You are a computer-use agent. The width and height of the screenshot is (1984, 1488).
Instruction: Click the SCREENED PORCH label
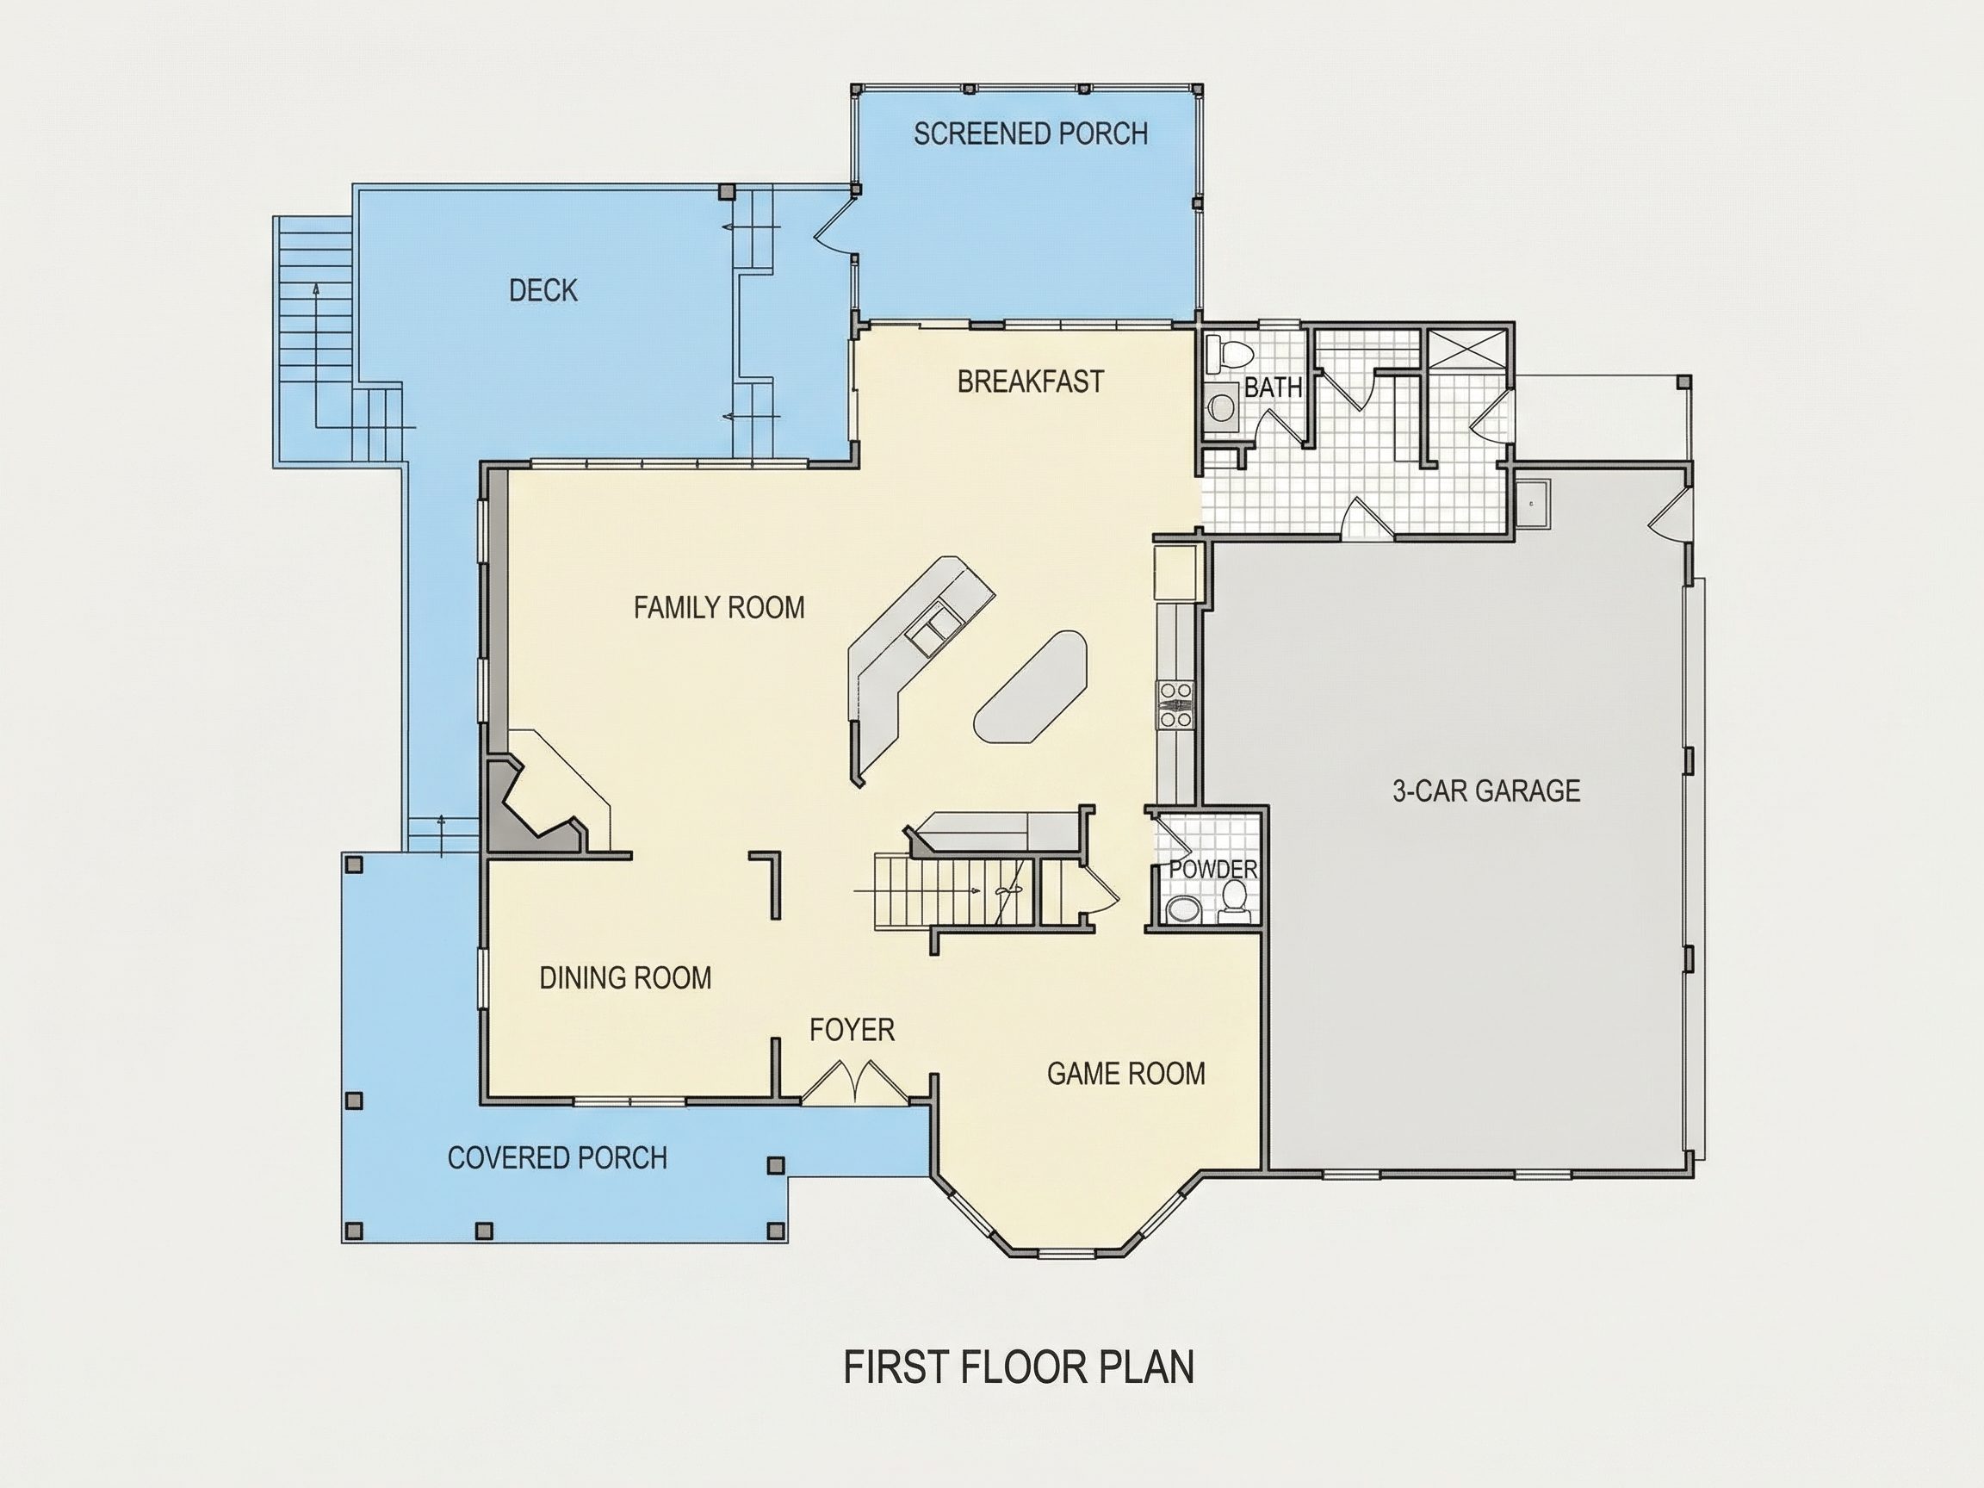(1031, 134)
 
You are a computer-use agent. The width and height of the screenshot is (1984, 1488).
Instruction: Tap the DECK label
(543, 290)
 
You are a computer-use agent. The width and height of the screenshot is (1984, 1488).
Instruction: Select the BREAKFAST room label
(1031, 382)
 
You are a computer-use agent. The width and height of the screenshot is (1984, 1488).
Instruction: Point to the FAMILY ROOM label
(719, 608)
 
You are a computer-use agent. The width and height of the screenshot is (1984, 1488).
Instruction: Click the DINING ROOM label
(625, 977)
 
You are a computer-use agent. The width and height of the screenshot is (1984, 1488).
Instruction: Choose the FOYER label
(852, 1030)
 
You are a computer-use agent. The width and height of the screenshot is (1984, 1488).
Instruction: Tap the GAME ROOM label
(1126, 1074)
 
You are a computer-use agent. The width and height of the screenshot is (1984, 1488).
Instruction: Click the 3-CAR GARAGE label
(1486, 791)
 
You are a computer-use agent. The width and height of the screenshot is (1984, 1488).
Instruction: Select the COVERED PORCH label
(557, 1158)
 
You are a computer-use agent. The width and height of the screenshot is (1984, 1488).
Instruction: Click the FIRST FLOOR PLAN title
(1019, 1367)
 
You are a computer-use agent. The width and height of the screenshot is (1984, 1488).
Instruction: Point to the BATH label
(1273, 387)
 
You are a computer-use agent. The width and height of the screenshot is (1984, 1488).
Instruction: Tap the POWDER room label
(1213, 869)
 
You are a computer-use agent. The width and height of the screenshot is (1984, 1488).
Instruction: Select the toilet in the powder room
(1235, 902)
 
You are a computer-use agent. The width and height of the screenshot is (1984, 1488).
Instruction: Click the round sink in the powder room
(1183, 909)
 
